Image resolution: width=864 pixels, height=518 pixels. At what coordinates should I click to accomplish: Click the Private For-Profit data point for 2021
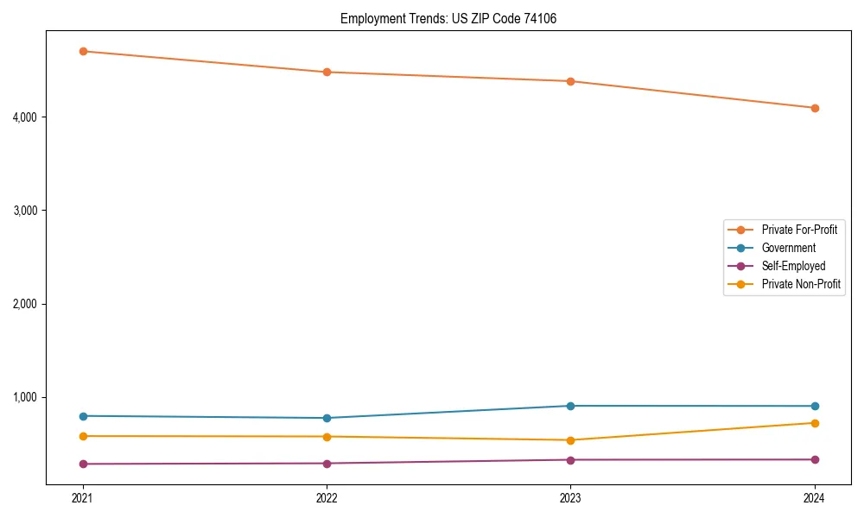click(83, 51)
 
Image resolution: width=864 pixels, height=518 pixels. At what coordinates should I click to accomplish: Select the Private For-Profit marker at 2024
click(815, 108)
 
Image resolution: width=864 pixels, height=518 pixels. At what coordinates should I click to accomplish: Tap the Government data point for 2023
click(570, 406)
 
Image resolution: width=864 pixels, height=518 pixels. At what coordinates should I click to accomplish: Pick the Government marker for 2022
click(327, 418)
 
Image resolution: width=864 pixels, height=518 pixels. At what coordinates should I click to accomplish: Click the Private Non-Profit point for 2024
click(815, 423)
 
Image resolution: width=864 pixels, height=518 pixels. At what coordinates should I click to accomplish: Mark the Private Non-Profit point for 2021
click(83, 436)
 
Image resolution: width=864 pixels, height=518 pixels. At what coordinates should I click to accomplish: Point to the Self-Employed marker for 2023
click(570, 459)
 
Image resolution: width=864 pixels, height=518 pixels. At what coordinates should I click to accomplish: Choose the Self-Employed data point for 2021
click(83, 464)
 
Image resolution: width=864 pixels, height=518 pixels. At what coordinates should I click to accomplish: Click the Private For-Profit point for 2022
click(327, 72)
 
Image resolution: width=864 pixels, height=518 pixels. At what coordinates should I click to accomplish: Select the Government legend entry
click(788, 248)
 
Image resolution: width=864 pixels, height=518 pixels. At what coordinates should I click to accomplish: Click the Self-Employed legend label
click(793, 266)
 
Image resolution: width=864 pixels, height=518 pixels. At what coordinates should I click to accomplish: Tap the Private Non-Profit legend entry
click(801, 284)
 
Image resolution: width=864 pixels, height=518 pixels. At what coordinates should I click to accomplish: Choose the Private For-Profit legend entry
click(799, 230)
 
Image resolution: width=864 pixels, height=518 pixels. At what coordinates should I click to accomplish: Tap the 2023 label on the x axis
click(570, 497)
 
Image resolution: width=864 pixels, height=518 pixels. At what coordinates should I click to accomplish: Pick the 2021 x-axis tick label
click(83, 497)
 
